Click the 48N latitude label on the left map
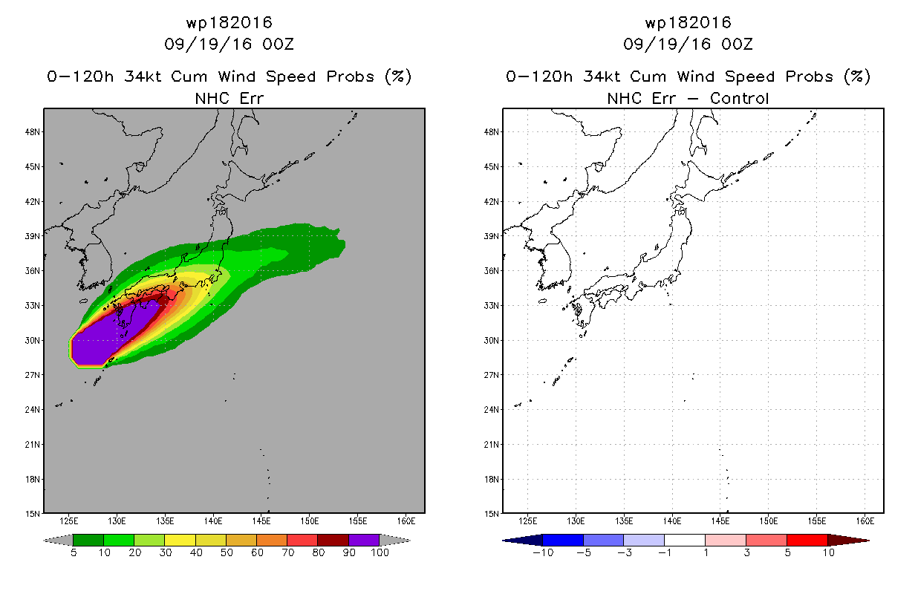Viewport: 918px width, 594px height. coord(32,132)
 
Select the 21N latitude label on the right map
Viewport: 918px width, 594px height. coord(491,445)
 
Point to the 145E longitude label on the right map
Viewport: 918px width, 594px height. coord(720,521)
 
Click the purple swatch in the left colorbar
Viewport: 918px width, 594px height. coord(364,540)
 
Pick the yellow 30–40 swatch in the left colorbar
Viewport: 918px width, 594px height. coord(180,540)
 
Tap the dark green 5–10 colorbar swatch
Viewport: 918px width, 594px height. coord(88,540)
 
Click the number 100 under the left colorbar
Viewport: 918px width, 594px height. coord(380,552)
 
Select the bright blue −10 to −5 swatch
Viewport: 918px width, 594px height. coord(563,540)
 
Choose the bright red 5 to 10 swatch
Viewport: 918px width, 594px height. coord(807,540)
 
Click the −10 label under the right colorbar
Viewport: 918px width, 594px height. coord(543,552)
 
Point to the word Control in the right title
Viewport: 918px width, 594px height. coord(739,98)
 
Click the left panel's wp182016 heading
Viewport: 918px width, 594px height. coord(229,22)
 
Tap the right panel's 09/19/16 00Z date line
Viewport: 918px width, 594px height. coord(688,44)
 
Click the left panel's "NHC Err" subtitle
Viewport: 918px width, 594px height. coord(229,98)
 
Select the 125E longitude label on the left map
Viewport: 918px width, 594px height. coord(68,521)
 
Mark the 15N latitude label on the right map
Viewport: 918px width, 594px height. coord(491,514)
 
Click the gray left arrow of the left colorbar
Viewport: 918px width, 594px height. coord(58,541)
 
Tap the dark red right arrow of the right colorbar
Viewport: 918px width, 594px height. coord(848,541)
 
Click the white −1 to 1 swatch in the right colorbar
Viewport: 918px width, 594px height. coord(685,540)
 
